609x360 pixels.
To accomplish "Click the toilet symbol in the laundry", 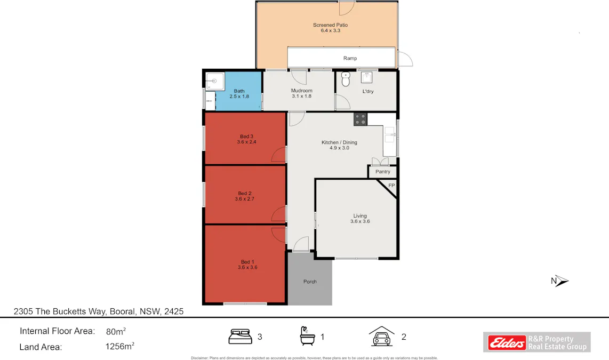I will pos(345,80).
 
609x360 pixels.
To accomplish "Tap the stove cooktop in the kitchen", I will pos(360,119).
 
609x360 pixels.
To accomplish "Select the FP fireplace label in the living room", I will pos(391,186).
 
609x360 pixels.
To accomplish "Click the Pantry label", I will pos(382,172).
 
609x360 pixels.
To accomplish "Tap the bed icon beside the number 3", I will pos(240,337).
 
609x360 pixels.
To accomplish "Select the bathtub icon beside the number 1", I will pos(306,336).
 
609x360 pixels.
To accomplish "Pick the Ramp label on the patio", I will pos(350,58).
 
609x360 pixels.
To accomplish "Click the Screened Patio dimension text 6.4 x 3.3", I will pos(330,31).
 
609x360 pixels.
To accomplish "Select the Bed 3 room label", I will pos(247,137).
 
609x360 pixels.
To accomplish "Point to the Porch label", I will pos(310,282).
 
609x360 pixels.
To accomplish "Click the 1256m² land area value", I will pos(120,347).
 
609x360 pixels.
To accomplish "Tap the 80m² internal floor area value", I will pos(116,331).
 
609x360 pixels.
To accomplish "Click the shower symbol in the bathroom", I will pos(214,81).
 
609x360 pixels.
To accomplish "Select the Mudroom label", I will pos(301,91).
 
